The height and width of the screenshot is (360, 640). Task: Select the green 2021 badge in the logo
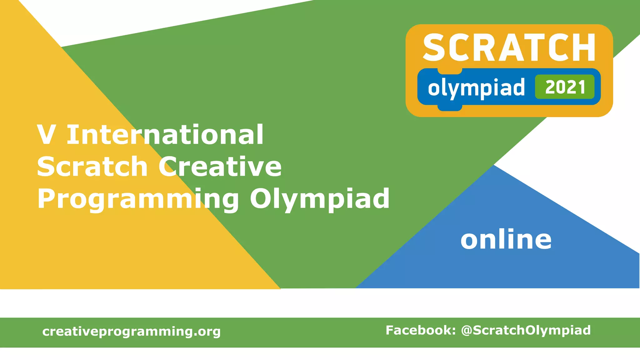click(565, 87)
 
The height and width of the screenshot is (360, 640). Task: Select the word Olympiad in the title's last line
click(320, 199)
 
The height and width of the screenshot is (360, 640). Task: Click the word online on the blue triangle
click(506, 239)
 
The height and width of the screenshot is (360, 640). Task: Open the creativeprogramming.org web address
click(132, 332)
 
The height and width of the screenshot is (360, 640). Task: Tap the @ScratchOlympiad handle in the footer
click(526, 331)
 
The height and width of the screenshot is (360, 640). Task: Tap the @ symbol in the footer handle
click(467, 331)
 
